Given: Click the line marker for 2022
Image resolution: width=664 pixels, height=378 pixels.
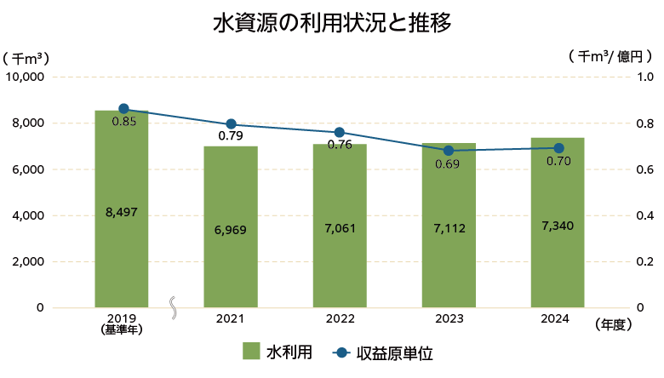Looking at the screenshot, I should (x=340, y=133).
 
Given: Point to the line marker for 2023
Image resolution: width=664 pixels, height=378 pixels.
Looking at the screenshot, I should (x=449, y=151).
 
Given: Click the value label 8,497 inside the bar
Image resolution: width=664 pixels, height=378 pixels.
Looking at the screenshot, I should (x=122, y=211).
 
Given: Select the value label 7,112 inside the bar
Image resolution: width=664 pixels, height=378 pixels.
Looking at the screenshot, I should (x=449, y=228).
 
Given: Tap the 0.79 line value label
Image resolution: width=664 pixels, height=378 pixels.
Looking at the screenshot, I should (x=231, y=136).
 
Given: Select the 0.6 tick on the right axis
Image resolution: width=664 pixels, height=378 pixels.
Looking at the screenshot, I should (x=644, y=169).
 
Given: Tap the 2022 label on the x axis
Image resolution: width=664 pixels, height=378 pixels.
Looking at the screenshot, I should (x=340, y=318).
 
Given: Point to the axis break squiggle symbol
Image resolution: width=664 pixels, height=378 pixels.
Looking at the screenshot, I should (x=175, y=306).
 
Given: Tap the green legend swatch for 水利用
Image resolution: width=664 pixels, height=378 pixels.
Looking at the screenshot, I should (x=251, y=352).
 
